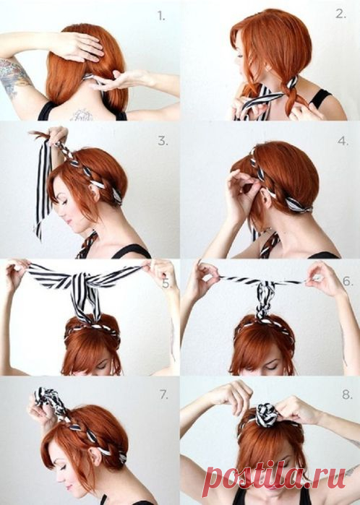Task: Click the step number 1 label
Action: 161,16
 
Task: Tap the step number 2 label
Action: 340,14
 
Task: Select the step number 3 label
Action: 163,141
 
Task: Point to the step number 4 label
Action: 343,141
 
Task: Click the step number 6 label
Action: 348,281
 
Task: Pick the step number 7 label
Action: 163,394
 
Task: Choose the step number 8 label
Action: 347,394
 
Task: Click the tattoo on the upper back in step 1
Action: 82,115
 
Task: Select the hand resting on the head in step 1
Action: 80,46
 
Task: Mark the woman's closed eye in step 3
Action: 64,202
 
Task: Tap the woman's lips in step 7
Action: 69,487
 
